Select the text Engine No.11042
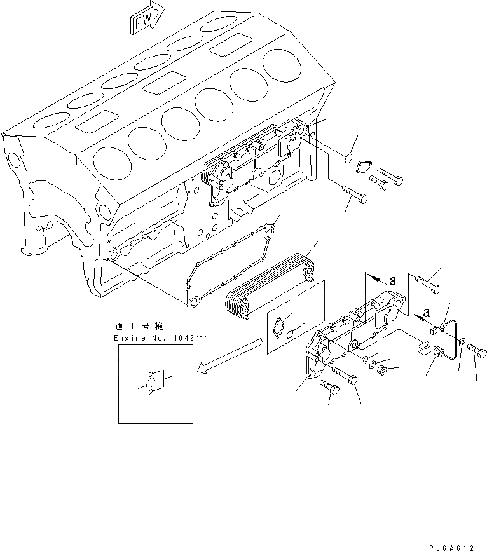coord(163,339)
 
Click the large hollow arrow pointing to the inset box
coord(229,357)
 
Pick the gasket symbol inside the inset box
coord(151,384)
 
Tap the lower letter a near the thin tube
coord(427,313)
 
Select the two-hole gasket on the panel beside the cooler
coord(284,326)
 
